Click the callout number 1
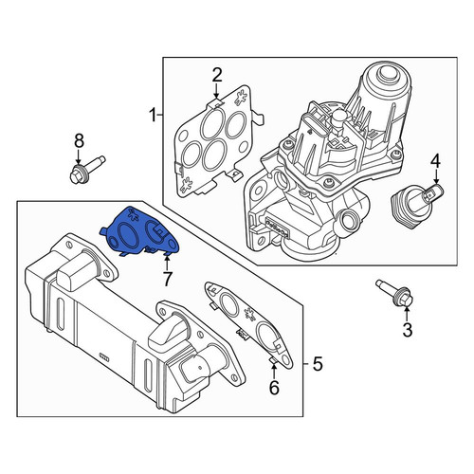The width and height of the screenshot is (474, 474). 153,115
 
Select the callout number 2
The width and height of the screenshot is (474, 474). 217,75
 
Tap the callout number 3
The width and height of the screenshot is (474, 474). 408,330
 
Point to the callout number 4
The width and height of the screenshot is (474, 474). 435,161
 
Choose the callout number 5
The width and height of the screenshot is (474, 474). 318,364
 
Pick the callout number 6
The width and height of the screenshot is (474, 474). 274,387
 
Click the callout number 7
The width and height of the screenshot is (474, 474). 167,279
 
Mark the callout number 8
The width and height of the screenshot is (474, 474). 79,140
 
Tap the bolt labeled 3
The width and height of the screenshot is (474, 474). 394,293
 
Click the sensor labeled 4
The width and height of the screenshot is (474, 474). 417,202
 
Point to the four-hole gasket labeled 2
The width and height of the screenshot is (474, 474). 218,142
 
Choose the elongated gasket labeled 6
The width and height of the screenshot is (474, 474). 249,325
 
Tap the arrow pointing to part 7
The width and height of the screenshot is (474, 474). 167,263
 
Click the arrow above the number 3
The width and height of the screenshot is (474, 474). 407,314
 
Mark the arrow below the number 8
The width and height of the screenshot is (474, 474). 79,156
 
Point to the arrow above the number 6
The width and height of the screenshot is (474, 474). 274,371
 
